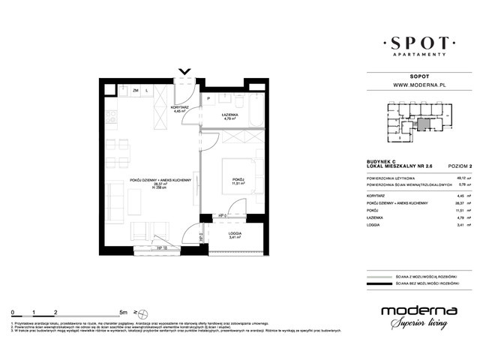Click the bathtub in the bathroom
click(x=255, y=110)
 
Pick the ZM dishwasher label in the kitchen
click(x=136, y=91)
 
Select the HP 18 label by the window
click(x=160, y=248)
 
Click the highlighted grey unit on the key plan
click(x=425, y=124)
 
